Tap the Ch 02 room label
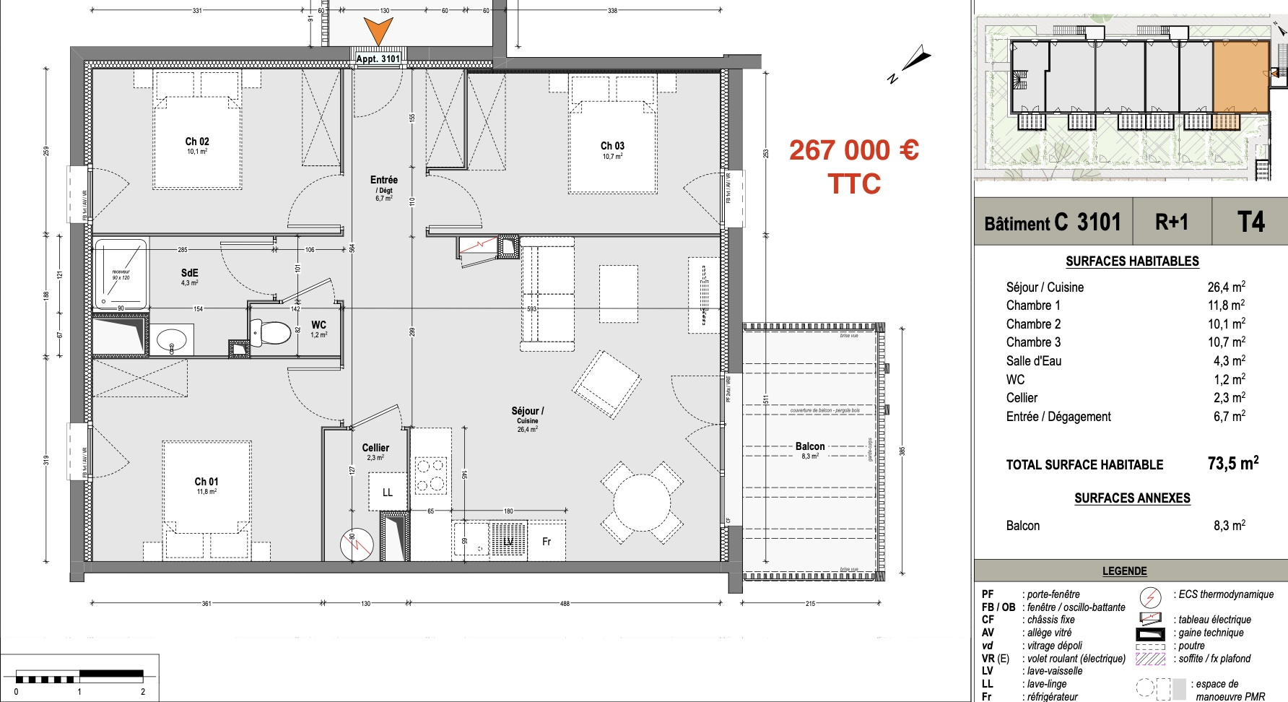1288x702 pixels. [197, 142]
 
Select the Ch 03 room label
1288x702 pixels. [612, 146]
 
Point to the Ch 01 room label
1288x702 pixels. [206, 482]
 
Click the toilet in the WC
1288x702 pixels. [272, 333]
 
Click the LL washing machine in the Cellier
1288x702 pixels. [388, 492]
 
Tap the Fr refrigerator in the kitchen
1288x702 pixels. [547, 541]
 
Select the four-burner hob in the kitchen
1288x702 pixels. [431, 475]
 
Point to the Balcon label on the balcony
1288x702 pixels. [810, 446]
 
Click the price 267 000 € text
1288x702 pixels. [853, 150]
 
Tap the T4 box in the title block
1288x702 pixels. [1250, 222]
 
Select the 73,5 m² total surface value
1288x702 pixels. [1232, 464]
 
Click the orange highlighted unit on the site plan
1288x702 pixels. [1240, 77]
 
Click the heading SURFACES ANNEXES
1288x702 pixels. [1131, 498]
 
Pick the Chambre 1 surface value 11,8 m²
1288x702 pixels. [1226, 305]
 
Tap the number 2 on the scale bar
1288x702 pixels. [143, 691]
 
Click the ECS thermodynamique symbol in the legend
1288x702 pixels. [1149, 597]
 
